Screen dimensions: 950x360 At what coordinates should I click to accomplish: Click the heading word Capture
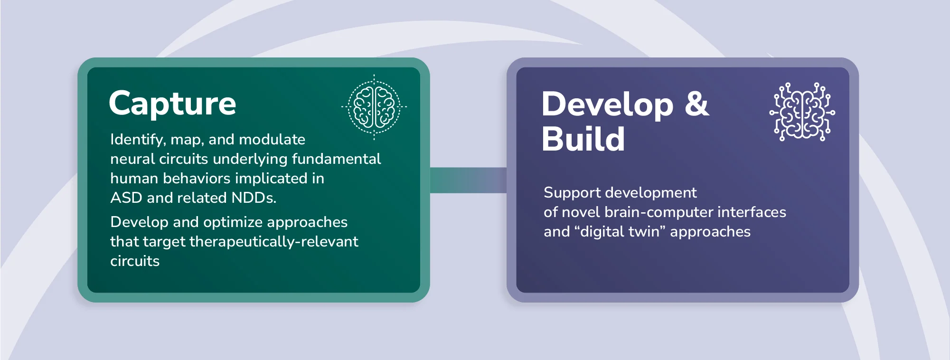pos(172,104)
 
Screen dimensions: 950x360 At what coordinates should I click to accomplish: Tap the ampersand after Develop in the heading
pos(696,104)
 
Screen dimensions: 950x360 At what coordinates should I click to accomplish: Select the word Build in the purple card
pos(583,139)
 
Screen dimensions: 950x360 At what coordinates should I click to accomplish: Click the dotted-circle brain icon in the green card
pos(374,107)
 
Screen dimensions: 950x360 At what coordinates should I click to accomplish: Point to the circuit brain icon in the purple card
pos(802,112)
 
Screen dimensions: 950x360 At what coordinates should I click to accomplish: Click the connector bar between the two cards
pos(468,180)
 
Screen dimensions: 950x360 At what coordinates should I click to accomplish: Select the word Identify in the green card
pos(138,140)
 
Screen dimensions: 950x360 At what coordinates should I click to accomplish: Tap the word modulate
pos(272,140)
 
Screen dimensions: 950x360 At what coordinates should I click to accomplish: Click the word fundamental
pos(336,159)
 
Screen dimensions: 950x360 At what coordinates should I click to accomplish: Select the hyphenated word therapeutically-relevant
pos(274,242)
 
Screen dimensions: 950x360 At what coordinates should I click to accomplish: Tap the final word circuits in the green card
pos(135,261)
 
